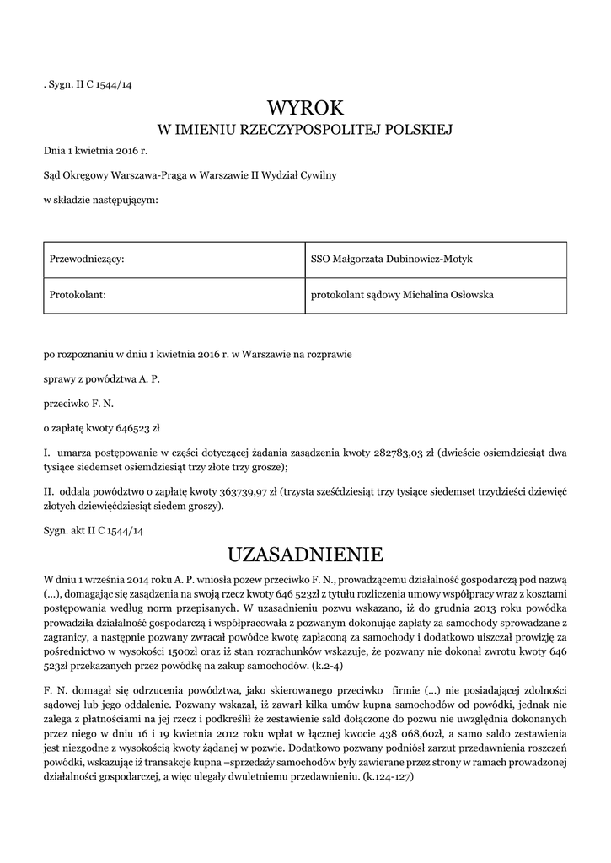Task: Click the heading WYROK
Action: click(x=305, y=107)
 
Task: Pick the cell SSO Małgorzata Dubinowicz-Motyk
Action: click(x=392, y=259)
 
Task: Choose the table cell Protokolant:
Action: click(x=77, y=295)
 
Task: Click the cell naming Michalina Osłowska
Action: click(x=402, y=295)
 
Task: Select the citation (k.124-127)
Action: click(x=386, y=778)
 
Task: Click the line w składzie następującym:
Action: click(x=101, y=200)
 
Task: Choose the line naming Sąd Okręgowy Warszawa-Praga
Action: click(x=190, y=175)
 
